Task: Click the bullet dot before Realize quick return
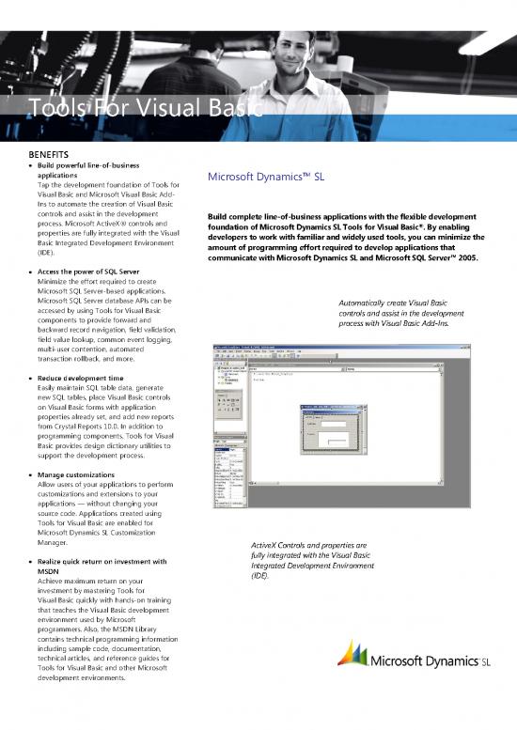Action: tap(28, 562)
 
